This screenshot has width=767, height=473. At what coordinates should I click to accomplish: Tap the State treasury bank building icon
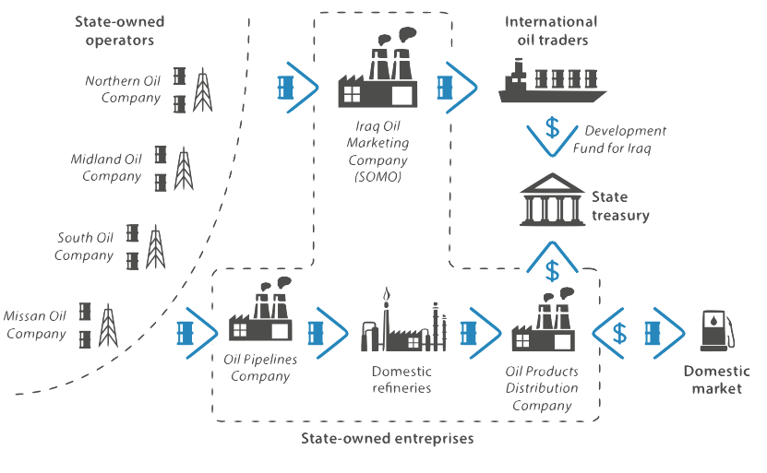click(552, 199)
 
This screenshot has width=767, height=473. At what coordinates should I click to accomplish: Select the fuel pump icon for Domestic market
click(717, 331)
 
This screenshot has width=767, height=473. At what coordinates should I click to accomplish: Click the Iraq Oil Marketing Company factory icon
click(378, 67)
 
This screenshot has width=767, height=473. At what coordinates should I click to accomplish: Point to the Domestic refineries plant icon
click(404, 319)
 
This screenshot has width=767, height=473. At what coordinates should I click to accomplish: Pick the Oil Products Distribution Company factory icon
click(543, 319)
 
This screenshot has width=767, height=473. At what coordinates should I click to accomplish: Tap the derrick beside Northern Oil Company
click(202, 90)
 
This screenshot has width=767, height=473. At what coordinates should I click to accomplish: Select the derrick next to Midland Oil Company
click(184, 169)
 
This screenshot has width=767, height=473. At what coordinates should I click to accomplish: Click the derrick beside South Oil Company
click(156, 247)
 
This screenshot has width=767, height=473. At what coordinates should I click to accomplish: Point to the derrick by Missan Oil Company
click(108, 325)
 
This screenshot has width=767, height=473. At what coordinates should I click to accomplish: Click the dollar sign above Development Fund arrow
click(552, 127)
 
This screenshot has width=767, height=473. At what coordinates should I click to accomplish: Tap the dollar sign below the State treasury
click(552, 271)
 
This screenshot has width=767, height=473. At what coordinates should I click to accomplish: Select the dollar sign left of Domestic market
click(619, 333)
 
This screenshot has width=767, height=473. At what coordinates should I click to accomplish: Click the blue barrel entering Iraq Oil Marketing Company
click(285, 88)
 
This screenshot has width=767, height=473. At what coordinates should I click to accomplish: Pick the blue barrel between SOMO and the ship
click(445, 88)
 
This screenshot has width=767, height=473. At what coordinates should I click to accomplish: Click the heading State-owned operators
click(119, 30)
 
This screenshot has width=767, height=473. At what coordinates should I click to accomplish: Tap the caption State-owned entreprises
click(387, 438)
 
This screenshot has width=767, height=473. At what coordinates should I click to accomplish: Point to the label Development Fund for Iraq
click(619, 139)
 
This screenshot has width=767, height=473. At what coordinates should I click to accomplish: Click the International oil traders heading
click(551, 30)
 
